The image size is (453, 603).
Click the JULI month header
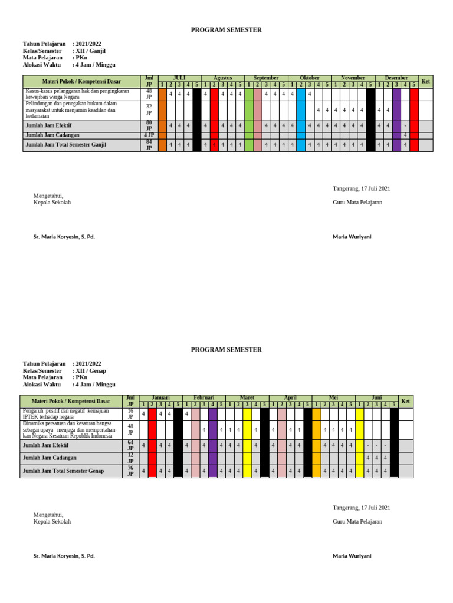click(x=179, y=78)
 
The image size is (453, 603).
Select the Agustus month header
click(x=222, y=78)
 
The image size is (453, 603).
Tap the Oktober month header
click(x=309, y=78)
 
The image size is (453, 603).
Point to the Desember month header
click(x=396, y=78)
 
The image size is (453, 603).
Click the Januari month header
click(x=161, y=398)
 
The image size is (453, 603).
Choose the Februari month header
click(x=204, y=398)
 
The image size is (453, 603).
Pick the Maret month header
click(x=247, y=398)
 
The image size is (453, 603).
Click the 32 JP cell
click(x=149, y=110)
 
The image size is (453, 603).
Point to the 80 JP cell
click(x=149, y=125)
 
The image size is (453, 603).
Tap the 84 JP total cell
click(x=149, y=145)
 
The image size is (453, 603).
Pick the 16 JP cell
click(x=130, y=413)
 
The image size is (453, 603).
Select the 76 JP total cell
click(x=130, y=471)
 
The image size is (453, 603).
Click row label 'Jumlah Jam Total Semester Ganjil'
click(x=66, y=145)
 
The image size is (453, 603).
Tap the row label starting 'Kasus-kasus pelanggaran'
click(x=77, y=94)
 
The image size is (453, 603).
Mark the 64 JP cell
click(x=130, y=446)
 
